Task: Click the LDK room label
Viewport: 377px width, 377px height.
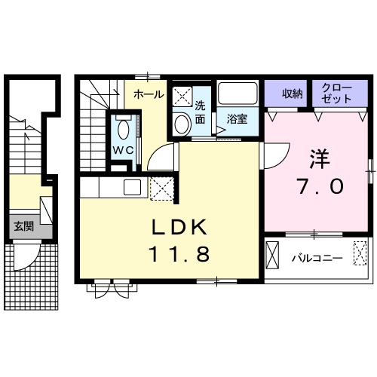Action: pyautogui.click(x=179, y=227)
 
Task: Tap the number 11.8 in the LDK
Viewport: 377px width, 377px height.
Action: pyautogui.click(x=179, y=253)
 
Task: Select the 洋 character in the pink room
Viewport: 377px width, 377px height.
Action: pyautogui.click(x=320, y=159)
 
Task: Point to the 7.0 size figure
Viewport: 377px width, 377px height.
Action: pyautogui.click(x=320, y=186)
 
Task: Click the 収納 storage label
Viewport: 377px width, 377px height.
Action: pyautogui.click(x=292, y=94)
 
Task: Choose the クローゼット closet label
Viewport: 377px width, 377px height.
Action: pyautogui.click(x=337, y=93)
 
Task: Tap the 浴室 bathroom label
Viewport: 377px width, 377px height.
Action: pyautogui.click(x=237, y=119)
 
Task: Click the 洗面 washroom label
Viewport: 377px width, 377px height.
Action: pyautogui.click(x=201, y=112)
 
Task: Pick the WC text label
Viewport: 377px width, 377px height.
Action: pyautogui.click(x=123, y=151)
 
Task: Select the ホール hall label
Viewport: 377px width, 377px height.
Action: pyautogui.click(x=149, y=94)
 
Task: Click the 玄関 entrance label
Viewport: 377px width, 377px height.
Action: pyautogui.click(x=23, y=227)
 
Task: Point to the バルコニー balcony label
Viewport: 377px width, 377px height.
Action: pyautogui.click(x=317, y=258)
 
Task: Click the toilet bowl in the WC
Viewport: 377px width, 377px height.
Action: pyautogui.click(x=124, y=129)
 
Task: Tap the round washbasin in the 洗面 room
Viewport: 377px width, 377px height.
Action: pyautogui.click(x=182, y=124)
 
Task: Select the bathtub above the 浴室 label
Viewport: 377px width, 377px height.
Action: pyautogui.click(x=238, y=93)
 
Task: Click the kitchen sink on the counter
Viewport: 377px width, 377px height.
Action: pyautogui.click(x=132, y=187)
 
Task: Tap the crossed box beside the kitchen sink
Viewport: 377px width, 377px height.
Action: pyautogui.click(x=162, y=188)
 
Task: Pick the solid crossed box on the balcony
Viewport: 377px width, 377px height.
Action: pyautogui.click(x=272, y=255)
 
